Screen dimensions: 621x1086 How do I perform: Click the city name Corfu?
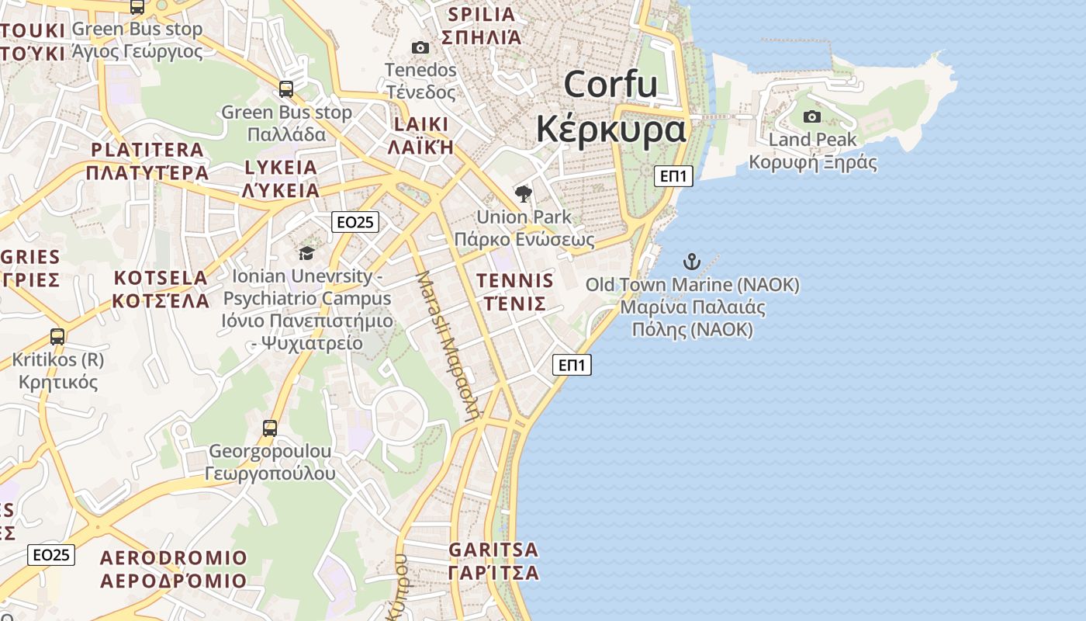click(x=611, y=84)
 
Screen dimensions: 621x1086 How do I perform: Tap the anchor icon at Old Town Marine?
click(x=691, y=262)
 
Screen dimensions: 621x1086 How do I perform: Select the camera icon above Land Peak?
click(x=812, y=117)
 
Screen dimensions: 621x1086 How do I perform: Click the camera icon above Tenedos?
click(x=420, y=48)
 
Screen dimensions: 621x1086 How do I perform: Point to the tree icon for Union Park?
click(x=524, y=194)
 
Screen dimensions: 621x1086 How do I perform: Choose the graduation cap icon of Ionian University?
click(x=306, y=253)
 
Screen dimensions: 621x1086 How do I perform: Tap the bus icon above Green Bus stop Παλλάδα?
click(x=286, y=89)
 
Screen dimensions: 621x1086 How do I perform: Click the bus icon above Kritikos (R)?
click(x=57, y=337)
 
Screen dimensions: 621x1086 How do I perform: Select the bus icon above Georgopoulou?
click(x=270, y=428)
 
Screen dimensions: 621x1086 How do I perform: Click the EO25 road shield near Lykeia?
click(x=355, y=222)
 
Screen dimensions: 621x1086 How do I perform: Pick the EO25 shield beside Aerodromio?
click(x=52, y=555)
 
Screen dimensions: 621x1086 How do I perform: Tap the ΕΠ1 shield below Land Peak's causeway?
click(x=673, y=176)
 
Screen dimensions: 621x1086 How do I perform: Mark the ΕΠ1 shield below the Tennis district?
click(x=572, y=365)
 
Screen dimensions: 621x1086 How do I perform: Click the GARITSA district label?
click(x=493, y=550)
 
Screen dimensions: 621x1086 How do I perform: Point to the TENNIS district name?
click(x=515, y=281)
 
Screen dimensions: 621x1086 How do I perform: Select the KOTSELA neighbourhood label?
click(x=161, y=278)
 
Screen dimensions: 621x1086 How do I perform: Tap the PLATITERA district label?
click(x=147, y=150)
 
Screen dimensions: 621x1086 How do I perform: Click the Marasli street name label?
click(x=448, y=345)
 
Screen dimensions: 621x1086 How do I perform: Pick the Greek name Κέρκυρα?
click(x=611, y=129)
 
